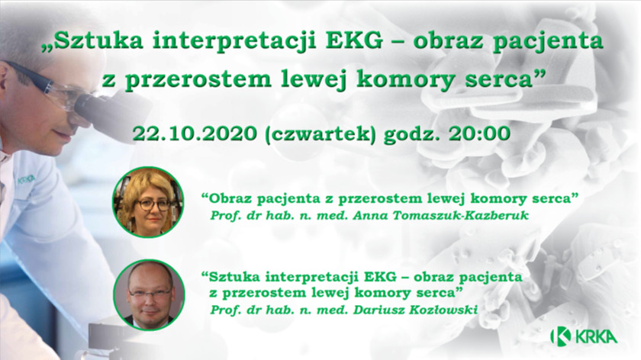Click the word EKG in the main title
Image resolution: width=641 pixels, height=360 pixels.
tap(355, 41)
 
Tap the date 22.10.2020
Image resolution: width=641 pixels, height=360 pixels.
tap(195, 133)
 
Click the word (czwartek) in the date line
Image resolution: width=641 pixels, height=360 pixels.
tap(320, 134)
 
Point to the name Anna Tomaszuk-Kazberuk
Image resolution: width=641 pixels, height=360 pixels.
tap(441, 215)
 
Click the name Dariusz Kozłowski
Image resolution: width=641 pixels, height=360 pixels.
tap(415, 310)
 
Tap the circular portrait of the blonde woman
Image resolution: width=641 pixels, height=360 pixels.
tap(148, 202)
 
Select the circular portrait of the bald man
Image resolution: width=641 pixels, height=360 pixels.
tap(150, 295)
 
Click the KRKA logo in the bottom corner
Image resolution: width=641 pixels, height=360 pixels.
tap(584, 336)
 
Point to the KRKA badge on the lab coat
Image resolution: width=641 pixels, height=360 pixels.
tap(26, 180)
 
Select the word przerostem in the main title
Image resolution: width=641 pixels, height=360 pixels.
tap(198, 79)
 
